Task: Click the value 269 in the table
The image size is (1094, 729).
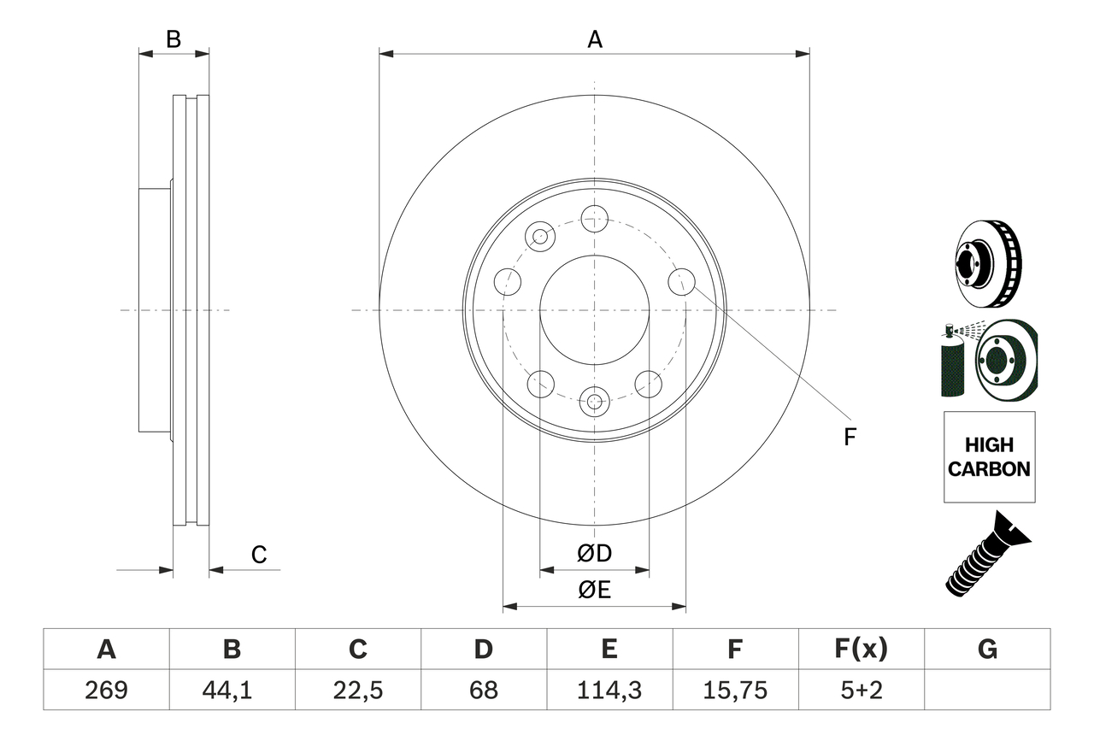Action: (x=106, y=690)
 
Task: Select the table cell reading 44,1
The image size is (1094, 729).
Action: (x=232, y=690)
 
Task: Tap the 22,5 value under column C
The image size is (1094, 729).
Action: (x=357, y=690)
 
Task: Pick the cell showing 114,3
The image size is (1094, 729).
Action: (x=609, y=690)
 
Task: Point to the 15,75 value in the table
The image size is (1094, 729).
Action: (x=735, y=690)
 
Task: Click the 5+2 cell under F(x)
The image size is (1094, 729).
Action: (x=861, y=690)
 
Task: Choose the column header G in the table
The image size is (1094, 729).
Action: (x=987, y=650)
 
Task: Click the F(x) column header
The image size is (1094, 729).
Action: (x=861, y=650)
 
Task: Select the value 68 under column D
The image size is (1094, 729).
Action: (x=483, y=690)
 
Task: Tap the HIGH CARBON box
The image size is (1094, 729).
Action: (x=989, y=457)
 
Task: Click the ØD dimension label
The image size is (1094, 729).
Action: (x=595, y=554)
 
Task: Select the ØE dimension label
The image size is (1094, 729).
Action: (x=595, y=591)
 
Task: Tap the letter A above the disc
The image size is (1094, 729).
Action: (x=595, y=39)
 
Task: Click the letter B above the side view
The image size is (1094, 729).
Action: (x=174, y=39)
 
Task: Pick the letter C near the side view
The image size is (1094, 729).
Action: (x=259, y=555)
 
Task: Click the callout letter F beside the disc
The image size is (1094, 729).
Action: (x=850, y=437)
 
